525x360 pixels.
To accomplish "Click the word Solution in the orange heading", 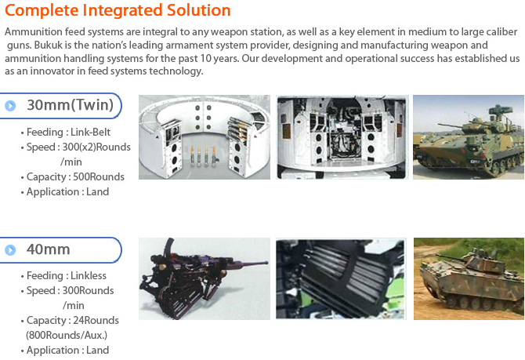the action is [x=198, y=10].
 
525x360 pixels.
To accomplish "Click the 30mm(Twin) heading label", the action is [x=70, y=105].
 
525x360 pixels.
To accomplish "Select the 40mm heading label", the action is [x=49, y=249].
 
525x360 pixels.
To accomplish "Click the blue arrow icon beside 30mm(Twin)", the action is [x=10, y=106].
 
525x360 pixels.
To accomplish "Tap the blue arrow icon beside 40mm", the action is [x=10, y=250].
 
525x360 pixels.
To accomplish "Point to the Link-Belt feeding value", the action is [x=90, y=132].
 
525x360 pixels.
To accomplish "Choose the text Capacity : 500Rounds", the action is [x=75, y=176].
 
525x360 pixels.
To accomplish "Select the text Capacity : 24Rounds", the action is [x=73, y=321].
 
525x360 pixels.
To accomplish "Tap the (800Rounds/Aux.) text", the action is [x=67, y=335].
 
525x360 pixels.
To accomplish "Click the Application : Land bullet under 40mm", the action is [x=67, y=350].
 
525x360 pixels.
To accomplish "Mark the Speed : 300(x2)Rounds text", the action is [x=78, y=147].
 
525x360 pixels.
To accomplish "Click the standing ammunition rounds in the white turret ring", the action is [x=204, y=156].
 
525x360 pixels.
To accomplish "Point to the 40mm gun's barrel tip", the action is [x=266, y=263].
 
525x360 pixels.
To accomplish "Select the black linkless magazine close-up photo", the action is [x=341, y=278].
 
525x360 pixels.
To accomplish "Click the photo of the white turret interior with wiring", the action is [x=342, y=137].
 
